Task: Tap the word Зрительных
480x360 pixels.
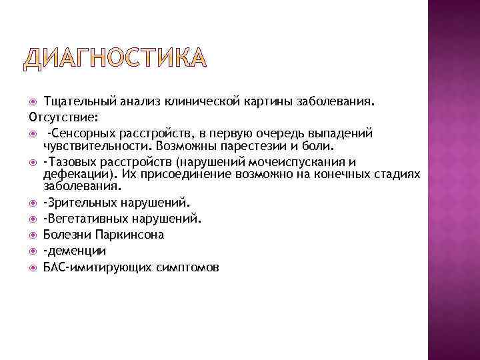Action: [78, 201]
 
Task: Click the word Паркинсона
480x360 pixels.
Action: [129, 234]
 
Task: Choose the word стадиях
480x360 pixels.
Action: [397, 174]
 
